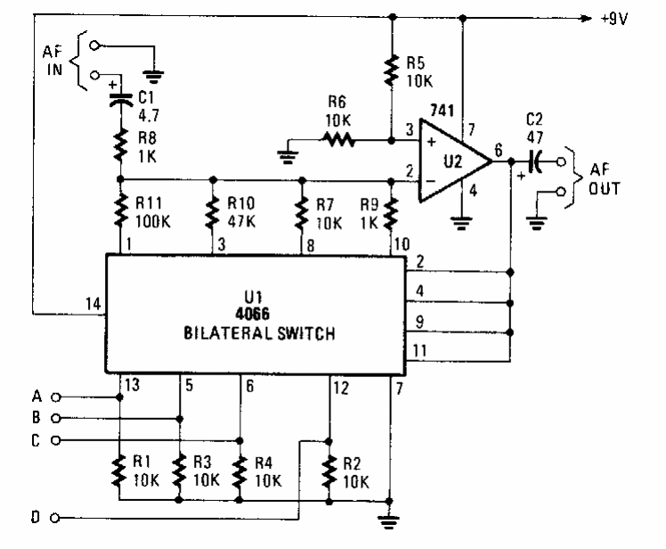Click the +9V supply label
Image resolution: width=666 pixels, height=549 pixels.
[614, 18]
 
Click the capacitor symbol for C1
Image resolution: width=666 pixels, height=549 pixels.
[120, 98]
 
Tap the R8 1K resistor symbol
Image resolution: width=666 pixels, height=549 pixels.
[120, 143]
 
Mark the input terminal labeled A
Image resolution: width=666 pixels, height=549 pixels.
[56, 397]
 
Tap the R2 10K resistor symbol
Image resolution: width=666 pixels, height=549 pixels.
[329, 470]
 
